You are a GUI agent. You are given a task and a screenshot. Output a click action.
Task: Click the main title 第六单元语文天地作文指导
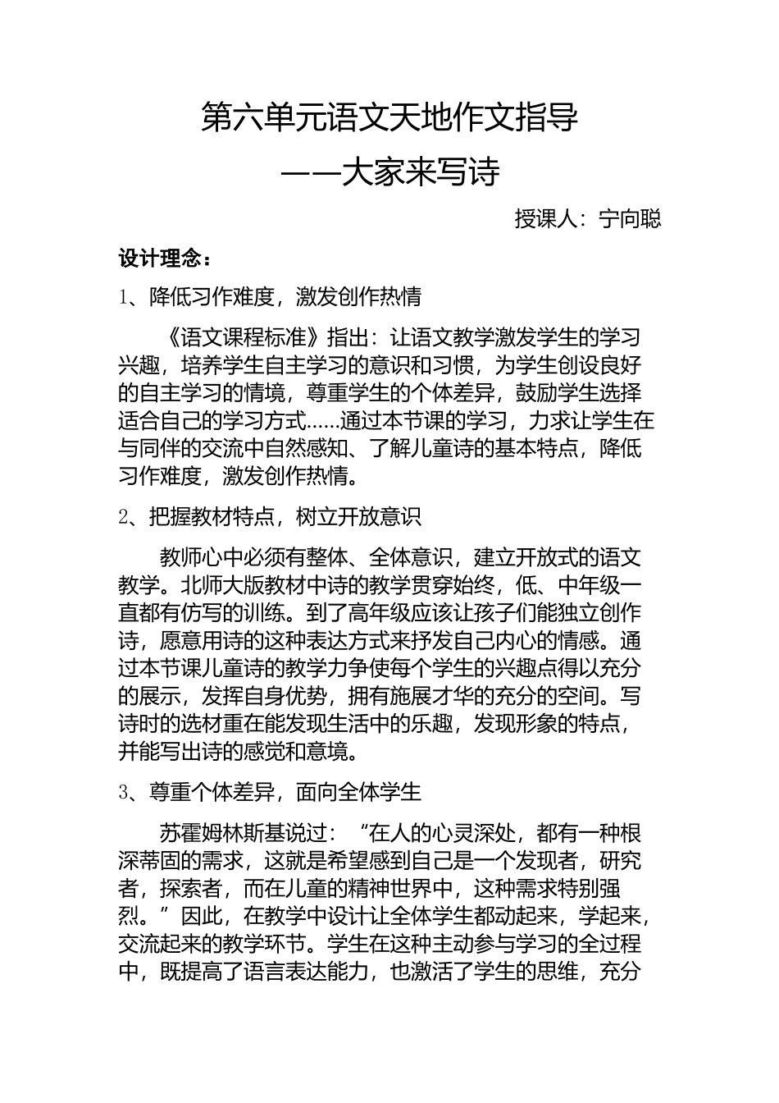389,117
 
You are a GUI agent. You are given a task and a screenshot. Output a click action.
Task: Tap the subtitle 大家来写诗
421,172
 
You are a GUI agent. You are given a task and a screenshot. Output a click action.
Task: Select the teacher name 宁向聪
630,219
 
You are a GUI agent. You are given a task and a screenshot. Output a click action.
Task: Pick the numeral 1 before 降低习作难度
124,296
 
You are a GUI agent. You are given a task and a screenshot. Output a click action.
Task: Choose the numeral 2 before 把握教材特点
124,516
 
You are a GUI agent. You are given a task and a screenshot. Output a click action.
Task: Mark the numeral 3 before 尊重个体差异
124,792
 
